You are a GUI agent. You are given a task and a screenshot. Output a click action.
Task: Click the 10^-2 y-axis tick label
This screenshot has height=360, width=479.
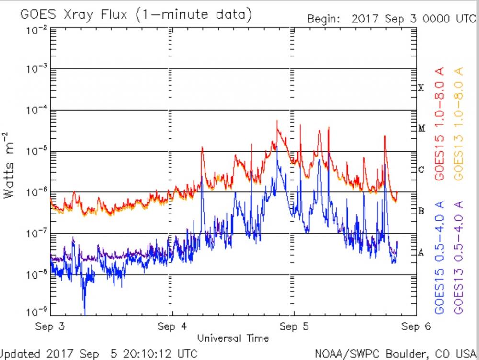(36, 30)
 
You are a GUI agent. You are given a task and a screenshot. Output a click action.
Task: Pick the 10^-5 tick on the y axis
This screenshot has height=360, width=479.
(36, 151)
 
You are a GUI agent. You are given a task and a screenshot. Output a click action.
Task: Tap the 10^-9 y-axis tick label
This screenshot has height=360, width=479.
(36, 313)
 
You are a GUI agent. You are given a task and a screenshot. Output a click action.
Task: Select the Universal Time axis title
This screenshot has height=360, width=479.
(233, 338)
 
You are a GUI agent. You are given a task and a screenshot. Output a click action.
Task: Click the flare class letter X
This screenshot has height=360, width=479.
(421, 88)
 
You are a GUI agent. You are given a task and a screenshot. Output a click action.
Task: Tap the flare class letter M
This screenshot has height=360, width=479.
(422, 128)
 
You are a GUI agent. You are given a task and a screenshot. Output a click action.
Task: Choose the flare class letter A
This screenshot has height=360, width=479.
(421, 253)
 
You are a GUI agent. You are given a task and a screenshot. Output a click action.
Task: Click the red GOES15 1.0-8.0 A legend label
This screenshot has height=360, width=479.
(440, 124)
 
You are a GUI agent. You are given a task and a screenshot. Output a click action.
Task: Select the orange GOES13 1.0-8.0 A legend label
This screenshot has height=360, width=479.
(458, 124)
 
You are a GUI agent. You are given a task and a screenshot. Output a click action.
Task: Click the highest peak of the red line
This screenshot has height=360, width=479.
(277, 121)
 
